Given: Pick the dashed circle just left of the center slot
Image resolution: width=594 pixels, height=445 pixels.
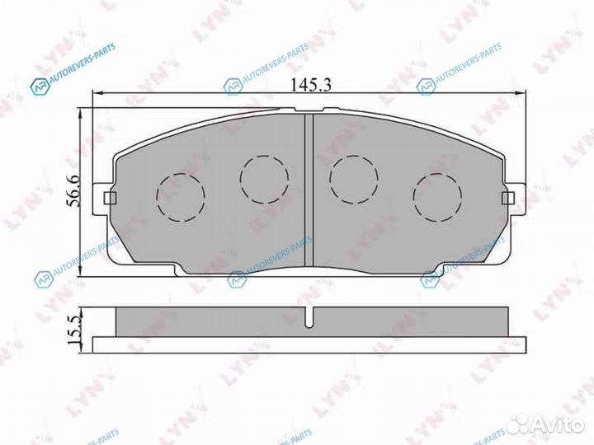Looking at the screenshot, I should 264,177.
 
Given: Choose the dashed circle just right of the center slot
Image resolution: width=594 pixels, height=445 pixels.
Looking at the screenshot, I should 353,178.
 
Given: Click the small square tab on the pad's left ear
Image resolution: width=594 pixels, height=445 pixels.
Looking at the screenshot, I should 109,198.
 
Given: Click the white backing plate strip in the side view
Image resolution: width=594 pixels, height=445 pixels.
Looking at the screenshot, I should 308,343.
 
